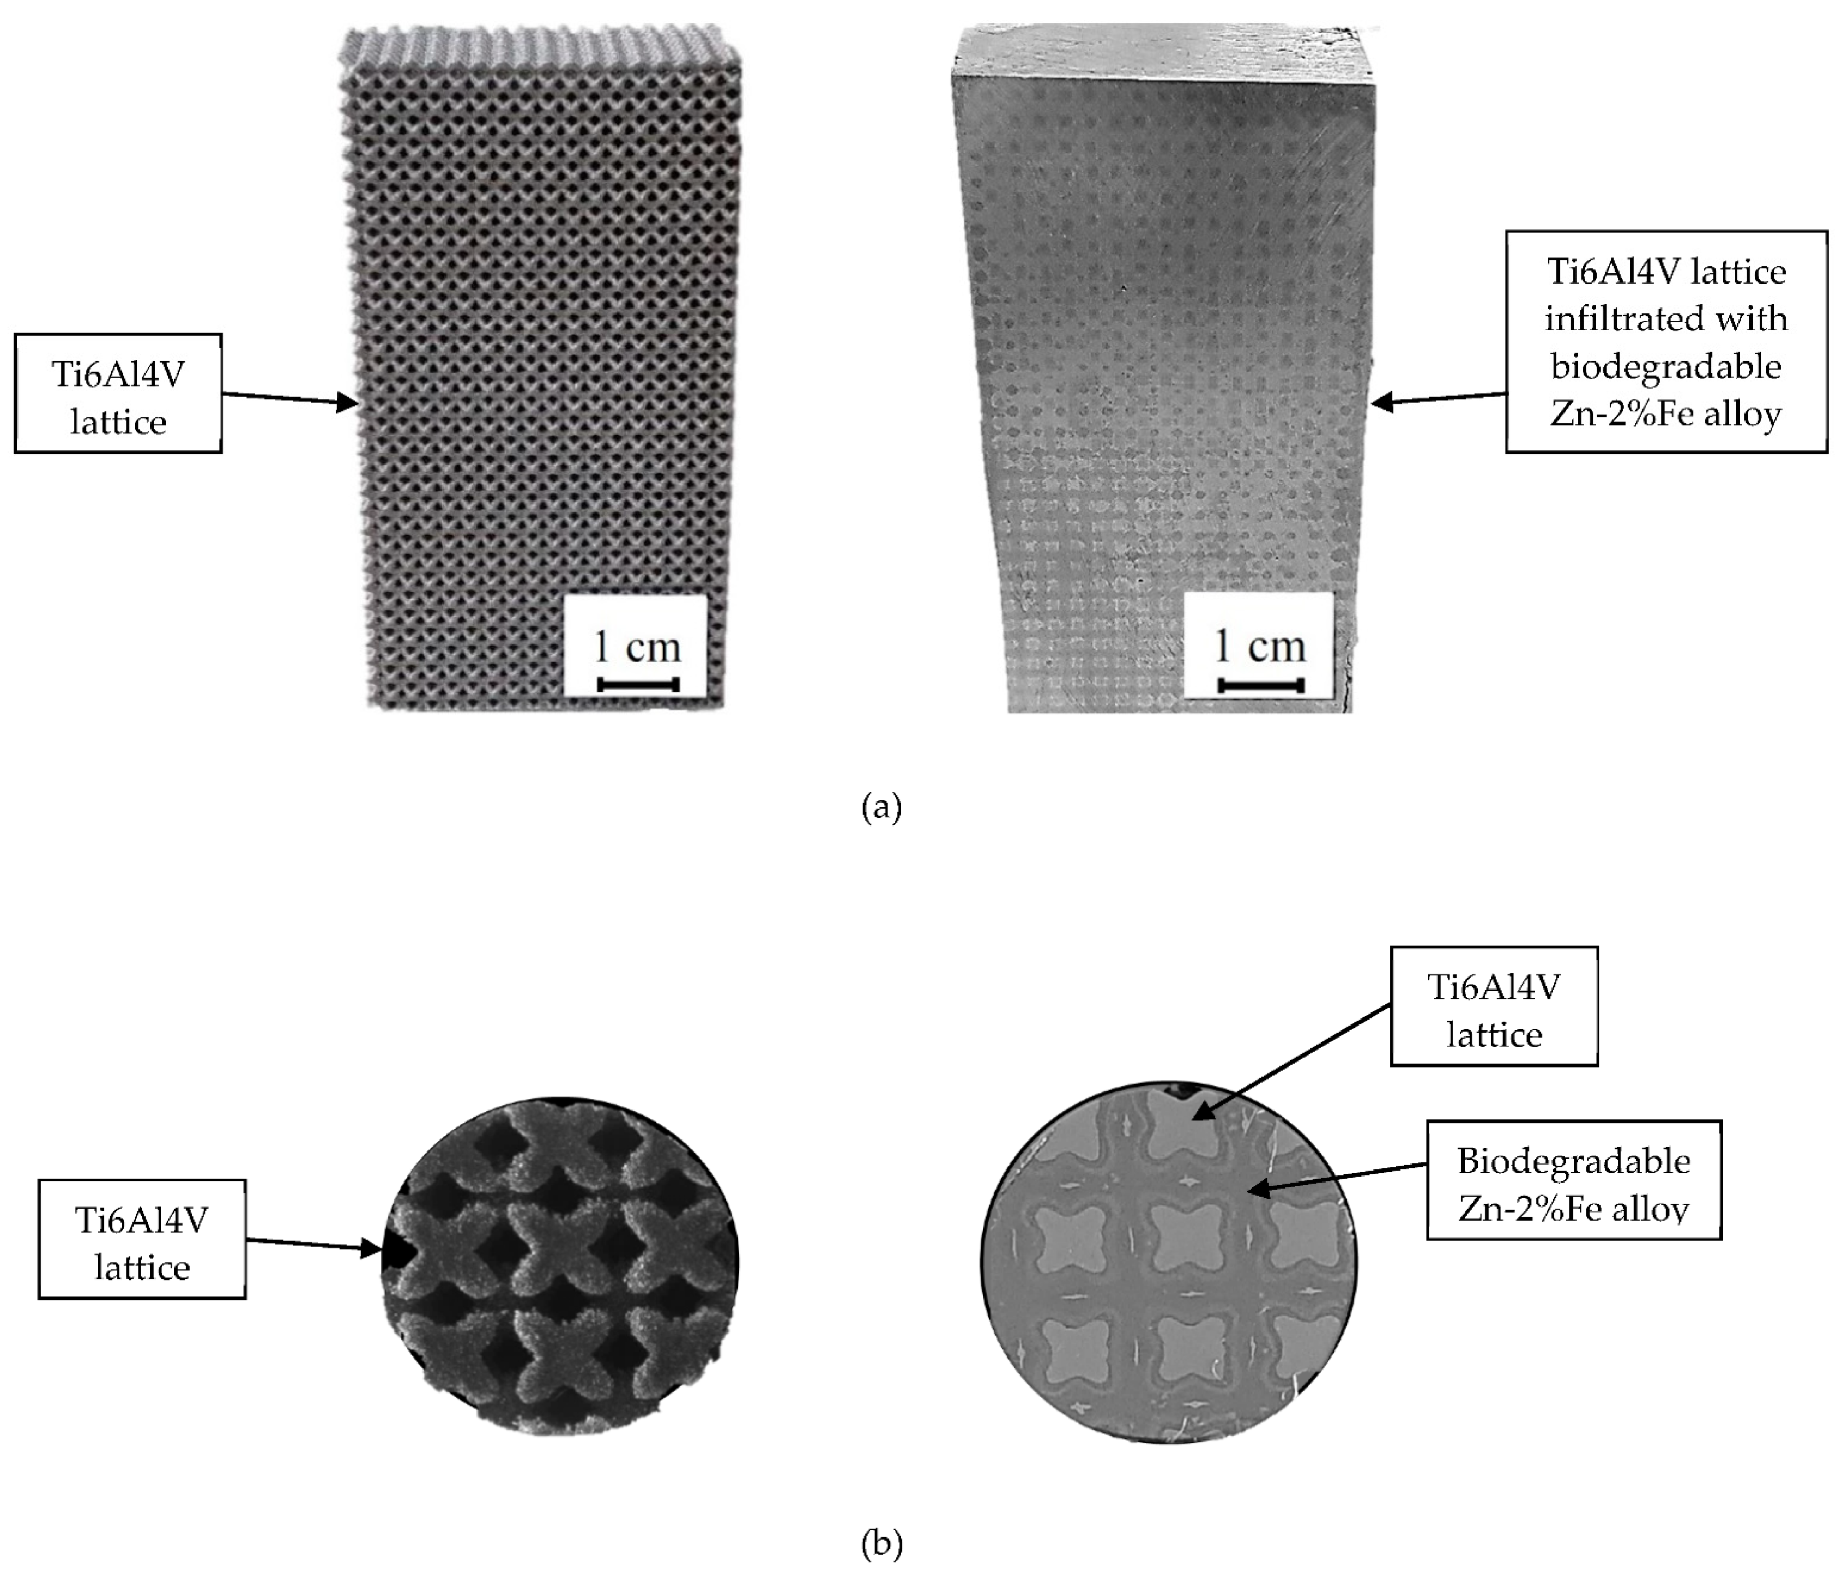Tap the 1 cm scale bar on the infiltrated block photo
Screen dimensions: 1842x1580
(1260, 685)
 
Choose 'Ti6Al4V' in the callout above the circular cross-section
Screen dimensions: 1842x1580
(1494, 987)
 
